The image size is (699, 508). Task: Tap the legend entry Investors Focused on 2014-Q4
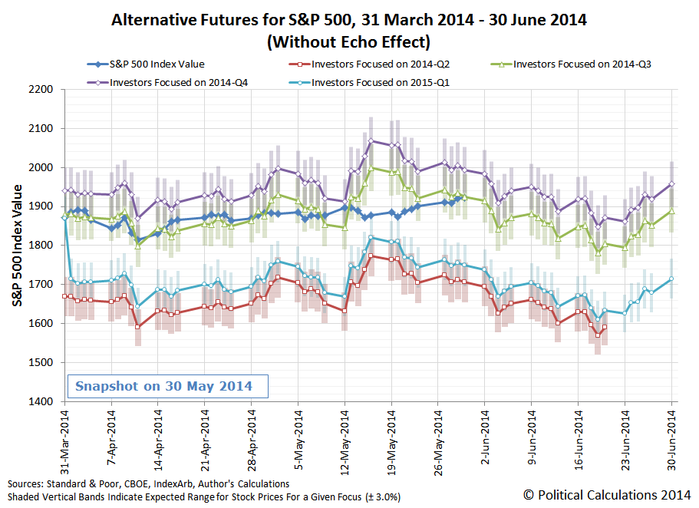[x=164, y=81]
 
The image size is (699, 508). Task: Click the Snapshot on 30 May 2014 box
[x=167, y=386]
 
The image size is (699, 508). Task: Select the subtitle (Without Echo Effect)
[x=348, y=41]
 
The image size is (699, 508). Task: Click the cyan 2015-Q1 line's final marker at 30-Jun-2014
[x=671, y=279]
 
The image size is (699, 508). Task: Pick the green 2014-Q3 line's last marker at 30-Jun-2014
[x=671, y=211]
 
